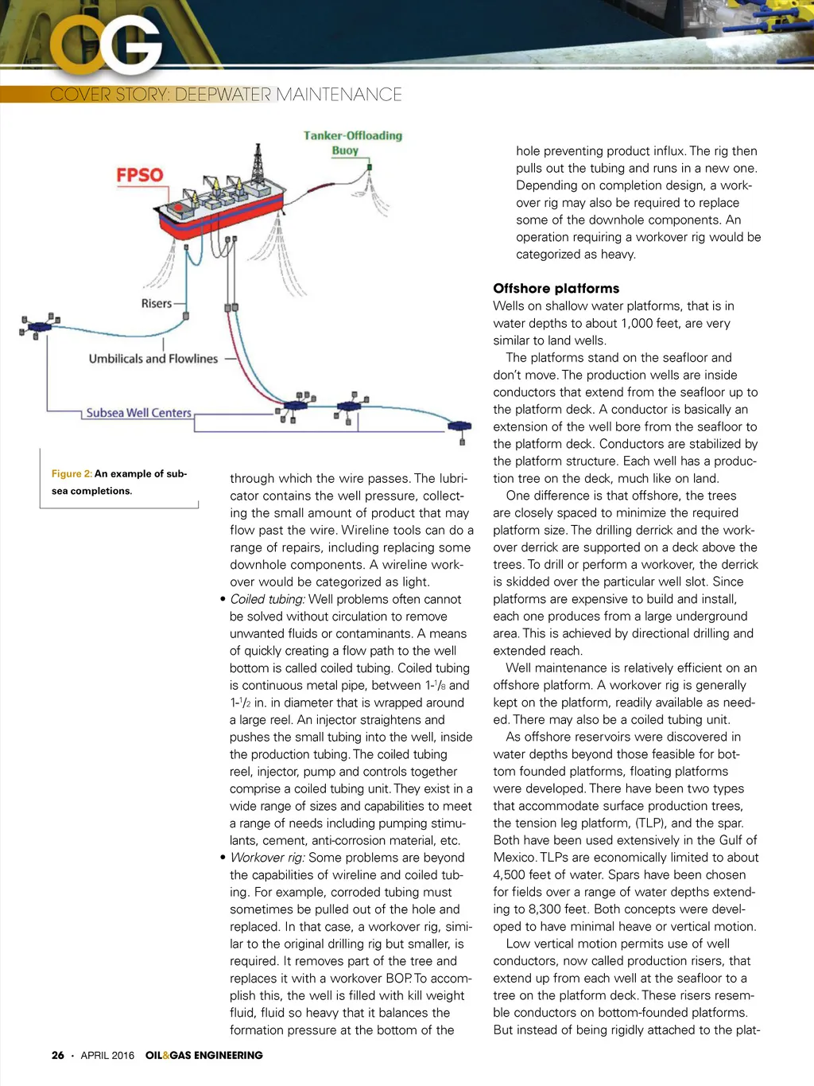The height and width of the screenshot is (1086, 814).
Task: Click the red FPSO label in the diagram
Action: pos(140,175)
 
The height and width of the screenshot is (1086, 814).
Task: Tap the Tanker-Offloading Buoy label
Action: pos(352,142)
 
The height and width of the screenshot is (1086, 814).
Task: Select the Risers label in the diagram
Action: pos(156,303)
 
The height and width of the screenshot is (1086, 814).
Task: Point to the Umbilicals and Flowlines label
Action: pos(153,359)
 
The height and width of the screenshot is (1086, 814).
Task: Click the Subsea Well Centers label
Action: pos(139,413)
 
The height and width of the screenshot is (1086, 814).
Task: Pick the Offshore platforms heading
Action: pos(556,288)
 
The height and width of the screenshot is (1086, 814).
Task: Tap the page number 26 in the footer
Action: pos(58,1055)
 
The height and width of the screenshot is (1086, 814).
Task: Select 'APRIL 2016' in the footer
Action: pos(107,1055)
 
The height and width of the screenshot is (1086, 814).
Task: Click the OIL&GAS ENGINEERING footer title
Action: pos(203,1055)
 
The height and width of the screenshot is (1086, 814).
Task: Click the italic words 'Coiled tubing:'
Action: pos(267,599)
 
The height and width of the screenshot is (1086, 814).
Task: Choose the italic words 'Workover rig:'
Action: pos(267,858)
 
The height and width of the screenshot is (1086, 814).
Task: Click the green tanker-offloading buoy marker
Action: pos(370,168)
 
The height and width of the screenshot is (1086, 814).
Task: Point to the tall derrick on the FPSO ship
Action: pos(257,165)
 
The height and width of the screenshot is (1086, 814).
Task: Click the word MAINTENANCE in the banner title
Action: pos(339,95)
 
